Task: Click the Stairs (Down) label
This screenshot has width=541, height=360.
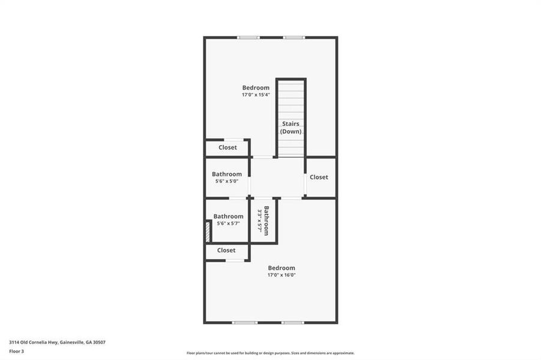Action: tap(291, 127)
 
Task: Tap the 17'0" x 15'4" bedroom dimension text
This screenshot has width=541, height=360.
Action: tap(256, 95)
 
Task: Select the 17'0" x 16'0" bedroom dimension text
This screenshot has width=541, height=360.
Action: tap(282, 275)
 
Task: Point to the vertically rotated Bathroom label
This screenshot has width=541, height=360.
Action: tap(263, 221)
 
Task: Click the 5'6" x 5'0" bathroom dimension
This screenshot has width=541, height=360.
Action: tap(226, 181)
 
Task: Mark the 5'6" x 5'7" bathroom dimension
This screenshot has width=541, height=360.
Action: tap(228, 223)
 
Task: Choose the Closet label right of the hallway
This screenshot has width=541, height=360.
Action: tap(319, 177)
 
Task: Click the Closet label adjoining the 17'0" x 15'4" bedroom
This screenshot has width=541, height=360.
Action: tap(228, 148)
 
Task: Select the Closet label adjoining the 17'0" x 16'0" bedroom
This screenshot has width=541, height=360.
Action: tap(226, 250)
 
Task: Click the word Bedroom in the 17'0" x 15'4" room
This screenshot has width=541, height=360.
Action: tap(256, 88)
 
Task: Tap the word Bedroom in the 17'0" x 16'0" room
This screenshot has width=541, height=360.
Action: tap(282, 268)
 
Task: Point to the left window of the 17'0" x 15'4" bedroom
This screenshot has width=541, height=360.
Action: tap(248, 38)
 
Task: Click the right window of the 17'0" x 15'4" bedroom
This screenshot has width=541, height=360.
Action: tap(294, 38)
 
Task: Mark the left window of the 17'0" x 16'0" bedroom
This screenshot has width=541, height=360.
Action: tap(245, 323)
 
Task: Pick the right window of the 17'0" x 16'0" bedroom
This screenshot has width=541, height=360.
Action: tap(293, 323)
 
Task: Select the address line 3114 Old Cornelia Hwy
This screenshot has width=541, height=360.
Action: tap(58, 342)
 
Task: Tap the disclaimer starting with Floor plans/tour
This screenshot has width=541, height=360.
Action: tap(270, 353)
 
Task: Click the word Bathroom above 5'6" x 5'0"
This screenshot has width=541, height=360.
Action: tap(226, 175)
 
